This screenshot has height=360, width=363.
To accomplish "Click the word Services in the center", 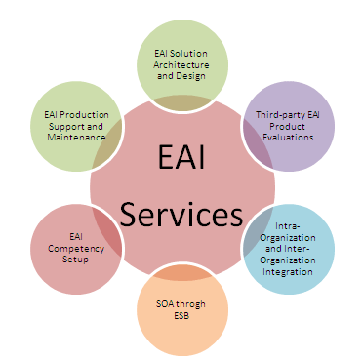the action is (181, 214).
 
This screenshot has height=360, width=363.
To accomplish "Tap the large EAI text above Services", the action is (181, 157).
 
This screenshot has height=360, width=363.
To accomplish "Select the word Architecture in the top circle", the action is (181, 64).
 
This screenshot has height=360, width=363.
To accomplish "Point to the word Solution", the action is (188, 54).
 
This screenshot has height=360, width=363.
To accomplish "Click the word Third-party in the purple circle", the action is (276, 115).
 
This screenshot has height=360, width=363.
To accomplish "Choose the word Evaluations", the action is (288, 138).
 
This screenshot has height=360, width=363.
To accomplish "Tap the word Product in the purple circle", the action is (288, 126).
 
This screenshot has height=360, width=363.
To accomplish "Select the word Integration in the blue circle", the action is (288, 271).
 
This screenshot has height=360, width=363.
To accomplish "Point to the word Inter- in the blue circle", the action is (297, 249).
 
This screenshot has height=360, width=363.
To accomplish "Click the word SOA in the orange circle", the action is (163, 304).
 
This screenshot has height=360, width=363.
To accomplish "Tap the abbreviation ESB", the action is (181, 315).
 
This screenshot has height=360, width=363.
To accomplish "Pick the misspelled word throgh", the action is (189, 304).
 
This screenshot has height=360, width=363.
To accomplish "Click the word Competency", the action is (76, 249).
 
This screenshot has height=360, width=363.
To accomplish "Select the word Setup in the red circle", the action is (75, 260).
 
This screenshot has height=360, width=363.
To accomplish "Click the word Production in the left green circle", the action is (85, 115).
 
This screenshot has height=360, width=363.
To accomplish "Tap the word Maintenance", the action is (76, 138).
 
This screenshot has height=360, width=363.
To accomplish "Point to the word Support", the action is (66, 127).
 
